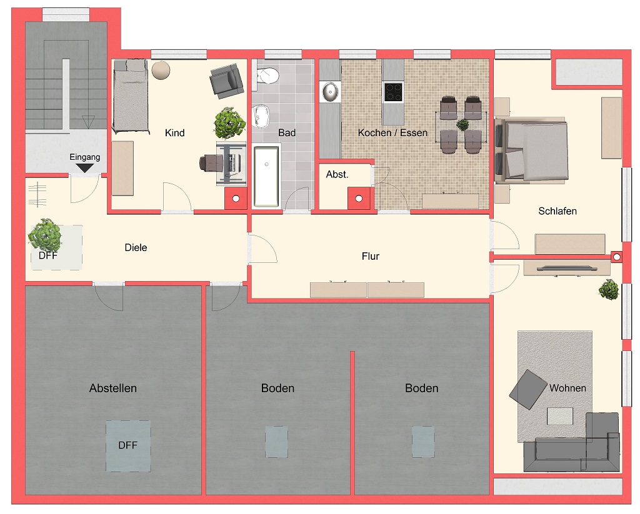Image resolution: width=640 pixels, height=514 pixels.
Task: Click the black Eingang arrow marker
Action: tap(84, 167)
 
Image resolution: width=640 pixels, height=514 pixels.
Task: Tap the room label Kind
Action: tap(174, 132)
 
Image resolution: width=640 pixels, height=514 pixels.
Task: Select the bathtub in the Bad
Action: tap(266, 175)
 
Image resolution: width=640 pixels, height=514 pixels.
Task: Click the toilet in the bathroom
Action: tap(267, 74)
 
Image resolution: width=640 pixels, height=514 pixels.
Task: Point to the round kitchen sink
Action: tap(330, 92)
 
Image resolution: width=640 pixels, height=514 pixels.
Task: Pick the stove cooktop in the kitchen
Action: tap(393, 92)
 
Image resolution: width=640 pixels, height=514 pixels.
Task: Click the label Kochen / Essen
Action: tap(392, 132)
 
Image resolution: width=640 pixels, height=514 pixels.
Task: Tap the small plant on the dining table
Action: tap(462, 125)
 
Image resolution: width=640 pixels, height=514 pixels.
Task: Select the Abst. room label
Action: tap(337, 175)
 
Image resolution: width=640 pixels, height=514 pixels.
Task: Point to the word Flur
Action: tap(370, 256)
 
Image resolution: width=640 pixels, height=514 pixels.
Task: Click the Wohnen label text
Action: tap(567, 388)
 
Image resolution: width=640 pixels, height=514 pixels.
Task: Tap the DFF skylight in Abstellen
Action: tap(127, 446)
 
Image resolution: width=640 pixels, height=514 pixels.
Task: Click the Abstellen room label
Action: tap(112, 388)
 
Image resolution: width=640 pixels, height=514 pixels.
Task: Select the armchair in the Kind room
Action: tap(226, 80)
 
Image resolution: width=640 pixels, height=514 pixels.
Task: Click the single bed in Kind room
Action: tap(131, 97)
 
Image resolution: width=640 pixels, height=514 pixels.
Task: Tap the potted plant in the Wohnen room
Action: tap(607, 290)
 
